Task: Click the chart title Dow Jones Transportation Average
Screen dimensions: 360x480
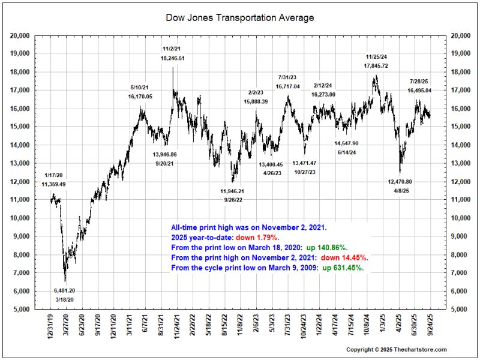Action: [239, 18]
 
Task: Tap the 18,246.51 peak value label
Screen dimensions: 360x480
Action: [172, 58]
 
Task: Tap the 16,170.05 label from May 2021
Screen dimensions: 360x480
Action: [140, 95]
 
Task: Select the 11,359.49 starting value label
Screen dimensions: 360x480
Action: [54, 184]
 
